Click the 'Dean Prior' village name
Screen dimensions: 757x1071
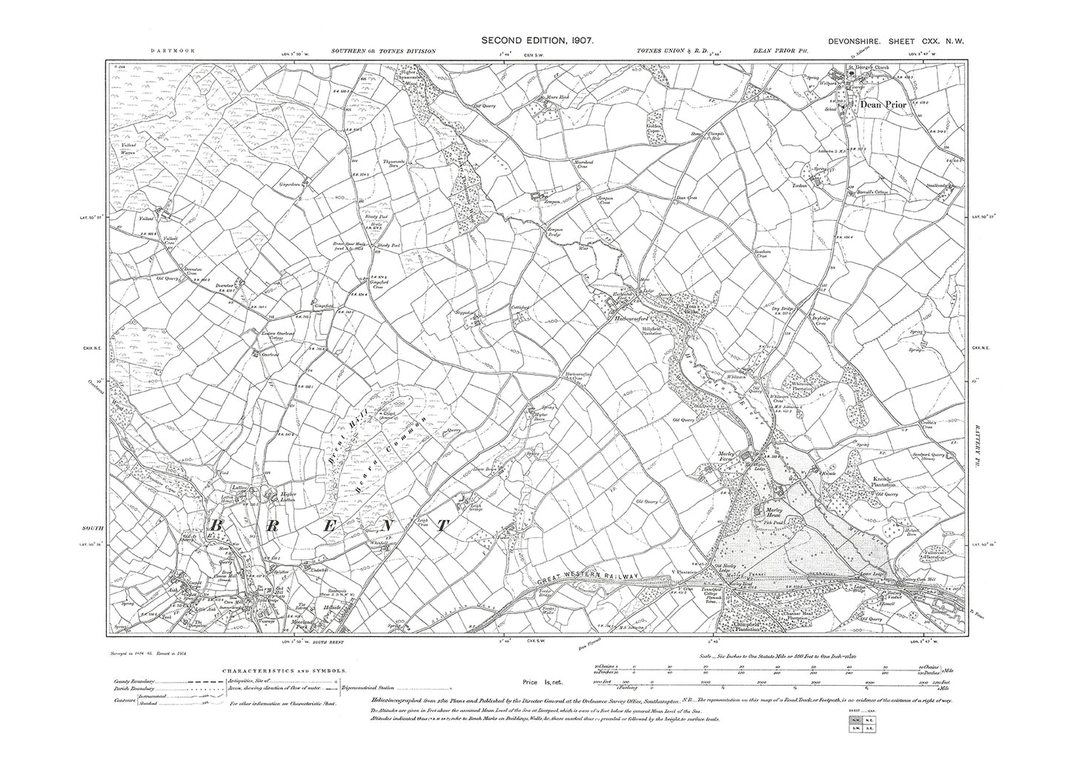coord(883,105)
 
